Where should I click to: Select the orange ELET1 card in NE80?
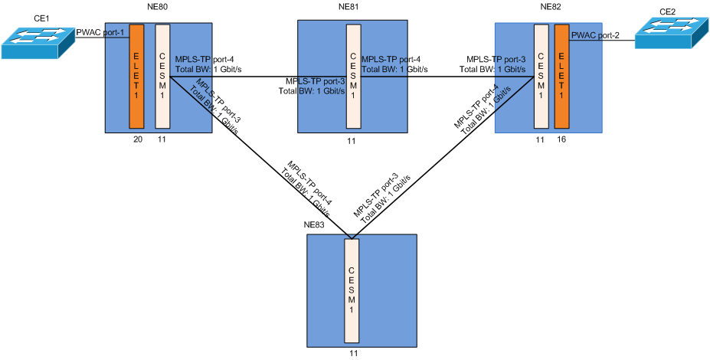click(x=136, y=76)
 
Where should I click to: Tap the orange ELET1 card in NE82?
click(x=563, y=76)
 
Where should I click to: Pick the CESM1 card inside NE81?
click(x=353, y=76)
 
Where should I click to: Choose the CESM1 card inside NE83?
click(x=352, y=291)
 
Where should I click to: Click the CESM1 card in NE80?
click(x=162, y=76)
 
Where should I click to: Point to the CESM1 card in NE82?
click(x=541, y=76)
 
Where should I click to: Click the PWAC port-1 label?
click(x=99, y=32)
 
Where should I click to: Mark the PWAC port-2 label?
click(x=595, y=35)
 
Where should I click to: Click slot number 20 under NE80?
click(x=138, y=140)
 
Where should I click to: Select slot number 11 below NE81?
click(x=352, y=141)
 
